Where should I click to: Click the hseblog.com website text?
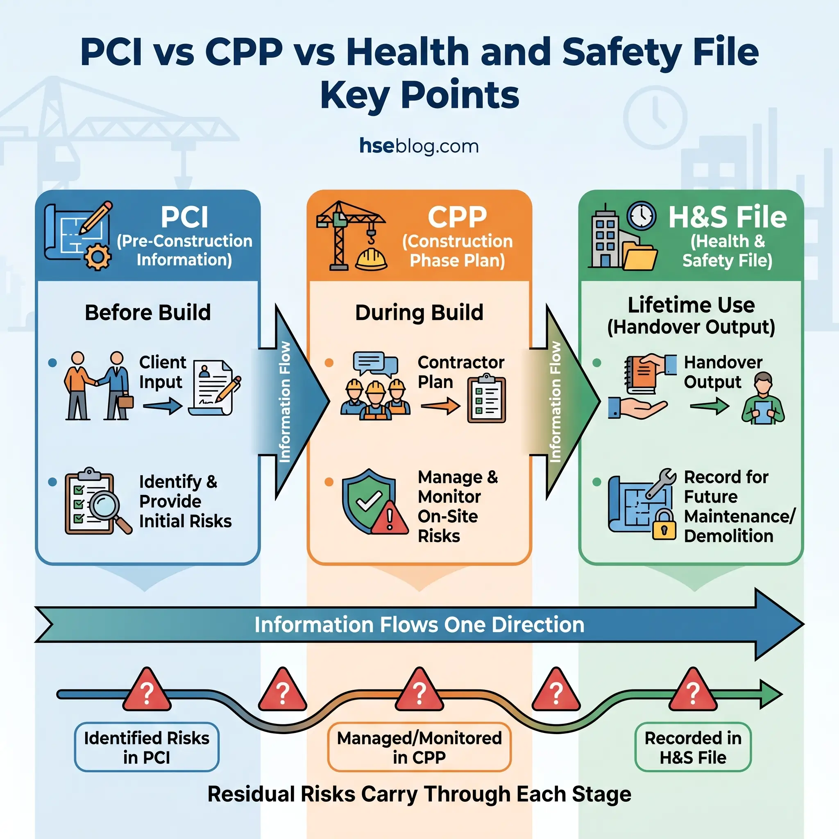click(x=419, y=146)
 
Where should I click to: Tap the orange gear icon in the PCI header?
click(x=97, y=257)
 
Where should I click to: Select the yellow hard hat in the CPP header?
click(x=371, y=259)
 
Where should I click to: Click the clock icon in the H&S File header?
click(x=641, y=215)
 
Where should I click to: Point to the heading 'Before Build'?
click(x=147, y=313)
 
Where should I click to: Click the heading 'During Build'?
click(x=419, y=313)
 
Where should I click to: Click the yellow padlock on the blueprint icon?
click(x=664, y=525)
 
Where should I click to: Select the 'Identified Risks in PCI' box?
click(x=147, y=747)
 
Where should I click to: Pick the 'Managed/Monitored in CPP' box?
click(x=419, y=747)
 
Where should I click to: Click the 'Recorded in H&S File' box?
click(x=693, y=747)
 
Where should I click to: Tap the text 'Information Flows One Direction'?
click(x=419, y=625)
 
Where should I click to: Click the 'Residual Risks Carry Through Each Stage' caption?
click(x=419, y=794)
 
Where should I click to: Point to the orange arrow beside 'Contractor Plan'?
click(x=440, y=406)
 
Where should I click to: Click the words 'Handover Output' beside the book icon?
click(x=723, y=372)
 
